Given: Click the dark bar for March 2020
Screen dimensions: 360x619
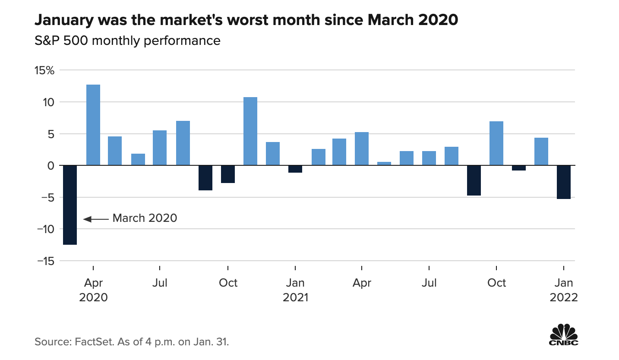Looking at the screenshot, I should [70, 205].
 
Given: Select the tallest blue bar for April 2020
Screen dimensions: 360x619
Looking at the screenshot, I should [93, 125].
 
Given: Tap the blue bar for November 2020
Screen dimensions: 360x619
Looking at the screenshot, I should [250, 131].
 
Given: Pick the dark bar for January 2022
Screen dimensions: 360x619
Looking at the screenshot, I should [564, 182].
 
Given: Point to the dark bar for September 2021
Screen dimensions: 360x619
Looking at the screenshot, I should [474, 180].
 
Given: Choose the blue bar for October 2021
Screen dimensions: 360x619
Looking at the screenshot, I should [496, 143].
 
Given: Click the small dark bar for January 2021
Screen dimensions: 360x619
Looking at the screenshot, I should [295, 169].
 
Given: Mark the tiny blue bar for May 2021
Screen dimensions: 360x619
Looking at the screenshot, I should [384, 164].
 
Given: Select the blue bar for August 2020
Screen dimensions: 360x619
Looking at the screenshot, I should [183, 143].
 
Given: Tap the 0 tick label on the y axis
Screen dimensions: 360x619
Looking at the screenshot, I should [50, 165].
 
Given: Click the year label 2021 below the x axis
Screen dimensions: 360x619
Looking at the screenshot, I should [295, 297].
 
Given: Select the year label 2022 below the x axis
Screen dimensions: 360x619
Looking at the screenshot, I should [564, 297].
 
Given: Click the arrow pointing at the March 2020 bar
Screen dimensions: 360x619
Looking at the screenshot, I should [96, 219].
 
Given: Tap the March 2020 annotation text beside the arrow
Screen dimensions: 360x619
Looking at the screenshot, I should [145, 218].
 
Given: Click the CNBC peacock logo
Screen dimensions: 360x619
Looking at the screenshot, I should [563, 335].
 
